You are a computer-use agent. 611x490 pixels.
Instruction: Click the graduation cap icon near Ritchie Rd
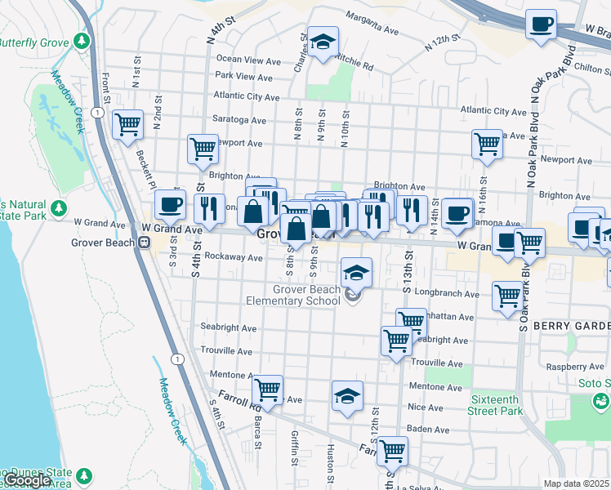click(323, 42)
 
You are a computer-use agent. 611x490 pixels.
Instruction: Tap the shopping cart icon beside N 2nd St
click(128, 125)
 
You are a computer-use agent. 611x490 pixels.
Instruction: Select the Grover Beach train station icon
click(144, 242)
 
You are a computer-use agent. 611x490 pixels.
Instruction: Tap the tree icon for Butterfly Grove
click(81, 40)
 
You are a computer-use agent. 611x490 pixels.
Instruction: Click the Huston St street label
click(331, 458)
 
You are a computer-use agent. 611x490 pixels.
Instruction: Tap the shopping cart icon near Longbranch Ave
click(507, 295)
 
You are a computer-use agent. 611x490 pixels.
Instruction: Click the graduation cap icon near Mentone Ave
click(347, 396)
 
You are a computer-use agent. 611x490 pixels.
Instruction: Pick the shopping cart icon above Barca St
click(267, 390)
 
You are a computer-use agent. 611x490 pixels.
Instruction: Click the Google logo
click(29, 480)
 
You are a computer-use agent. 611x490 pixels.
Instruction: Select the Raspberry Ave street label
click(572, 367)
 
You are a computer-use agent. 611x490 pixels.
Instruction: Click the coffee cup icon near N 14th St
click(457, 213)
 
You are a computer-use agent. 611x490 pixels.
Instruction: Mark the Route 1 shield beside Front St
click(97, 112)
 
